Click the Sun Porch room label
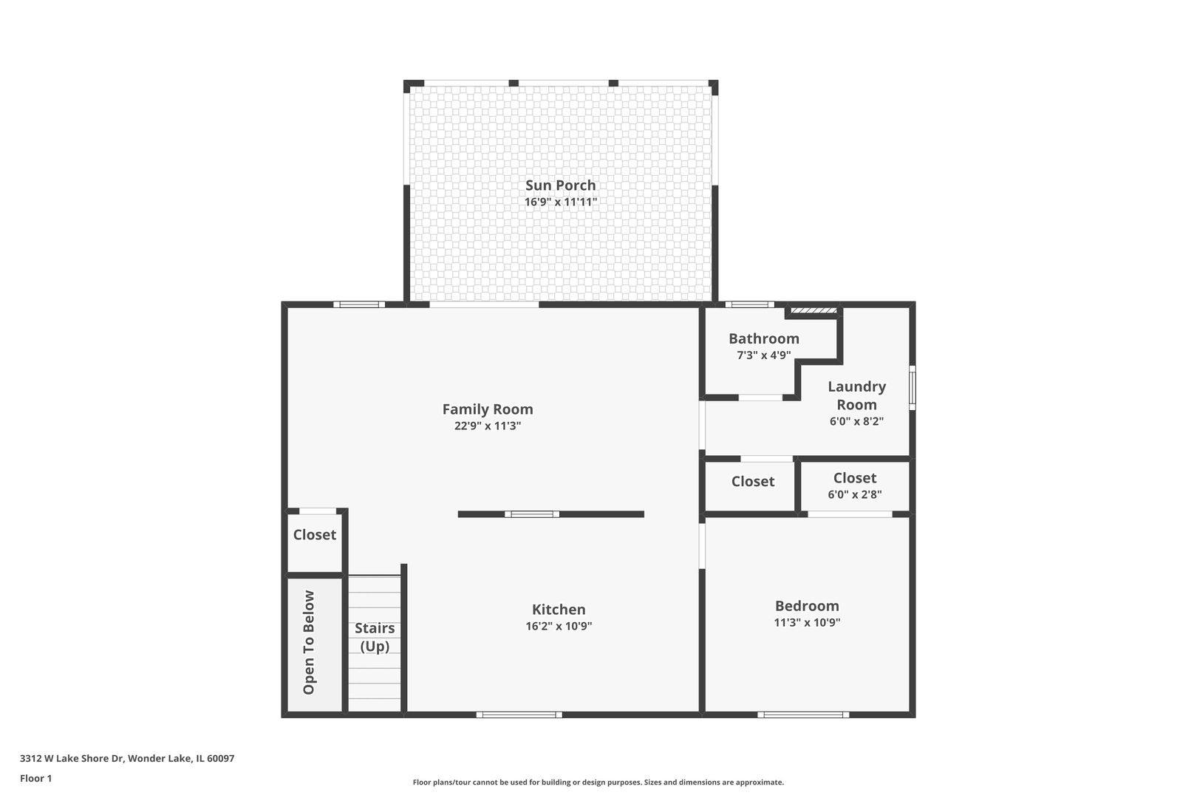point(560,185)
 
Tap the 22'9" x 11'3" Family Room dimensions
point(488,426)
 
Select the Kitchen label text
point(559,610)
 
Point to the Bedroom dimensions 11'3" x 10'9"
point(807,622)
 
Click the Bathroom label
point(763,338)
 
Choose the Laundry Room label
point(856,395)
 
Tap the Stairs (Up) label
point(375,637)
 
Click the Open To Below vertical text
point(309,642)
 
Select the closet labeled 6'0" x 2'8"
point(854,485)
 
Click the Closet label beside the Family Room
point(314,534)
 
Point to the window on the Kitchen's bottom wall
point(519,715)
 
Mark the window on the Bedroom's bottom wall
point(802,715)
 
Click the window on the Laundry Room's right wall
point(912,387)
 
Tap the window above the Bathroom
point(749,304)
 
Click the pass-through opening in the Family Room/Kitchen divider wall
point(532,514)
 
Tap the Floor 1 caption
point(35,778)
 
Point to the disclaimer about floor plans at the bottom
point(598,782)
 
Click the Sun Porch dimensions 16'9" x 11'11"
point(560,202)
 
